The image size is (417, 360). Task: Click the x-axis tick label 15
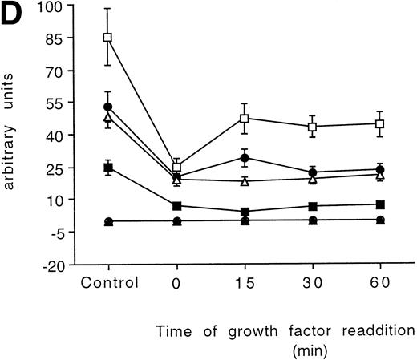coord(245,282)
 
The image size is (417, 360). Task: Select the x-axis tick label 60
coord(381,282)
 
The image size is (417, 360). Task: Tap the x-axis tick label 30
coord(313,282)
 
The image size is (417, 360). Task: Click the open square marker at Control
coord(107,38)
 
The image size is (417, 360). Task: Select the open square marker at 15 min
coord(245,119)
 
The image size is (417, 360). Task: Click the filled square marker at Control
coord(107,168)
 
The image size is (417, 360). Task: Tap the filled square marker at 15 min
coord(245,212)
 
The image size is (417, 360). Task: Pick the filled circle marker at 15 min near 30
coord(245,158)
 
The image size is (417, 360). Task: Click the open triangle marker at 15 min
coord(245,181)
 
